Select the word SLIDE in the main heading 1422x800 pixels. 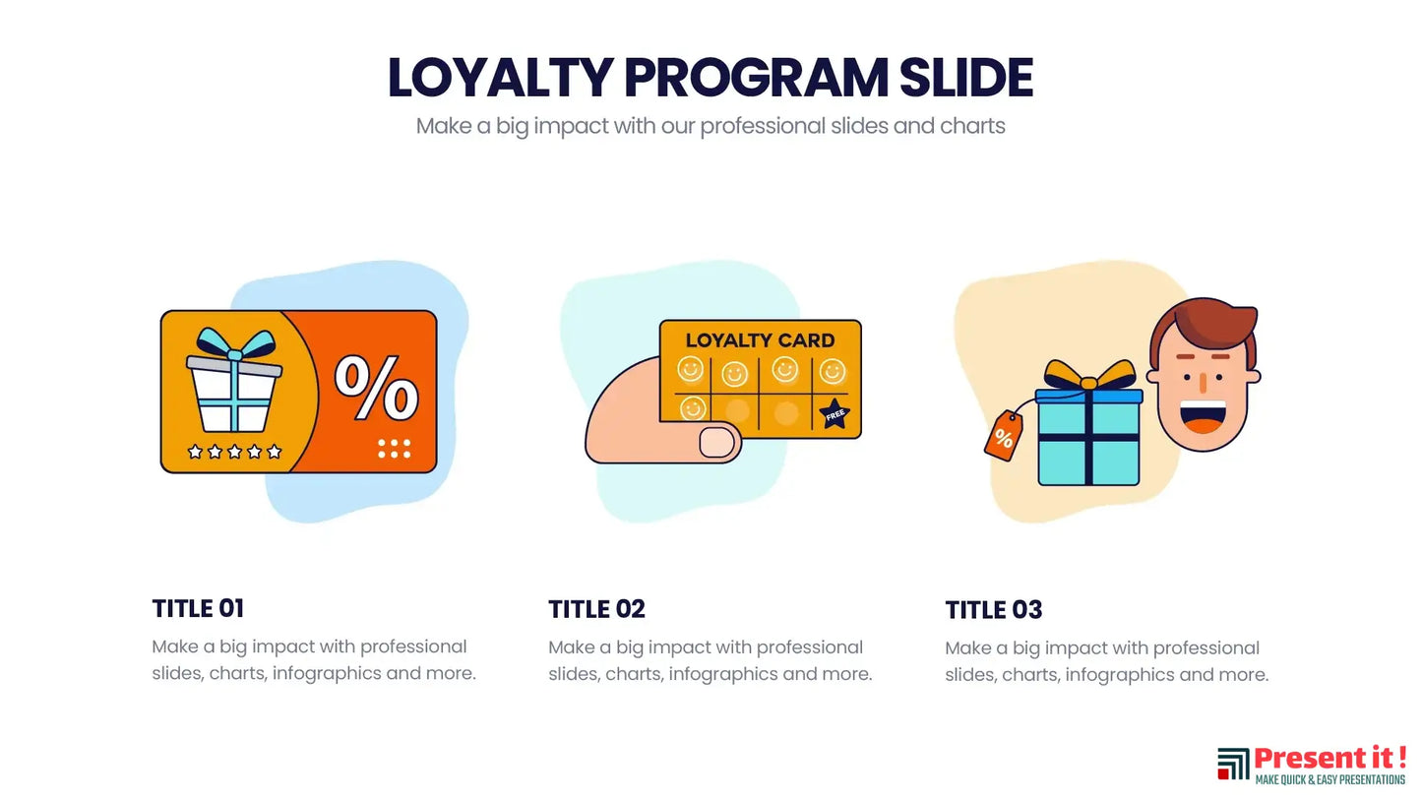(966, 78)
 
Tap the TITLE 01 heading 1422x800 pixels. (198, 608)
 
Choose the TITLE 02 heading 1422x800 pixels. (596, 609)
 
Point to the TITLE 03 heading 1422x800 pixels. (994, 610)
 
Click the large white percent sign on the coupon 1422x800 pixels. (377, 388)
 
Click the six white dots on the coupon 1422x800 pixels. (395, 449)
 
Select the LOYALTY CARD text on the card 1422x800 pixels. (760, 340)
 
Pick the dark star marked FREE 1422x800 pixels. (835, 414)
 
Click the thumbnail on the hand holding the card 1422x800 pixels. (716, 442)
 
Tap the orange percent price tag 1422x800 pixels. (1004, 436)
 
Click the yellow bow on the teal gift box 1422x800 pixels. (1089, 376)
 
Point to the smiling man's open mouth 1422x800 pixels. (1203, 416)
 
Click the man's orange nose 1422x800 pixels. (1203, 383)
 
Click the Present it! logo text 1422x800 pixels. (1329, 758)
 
